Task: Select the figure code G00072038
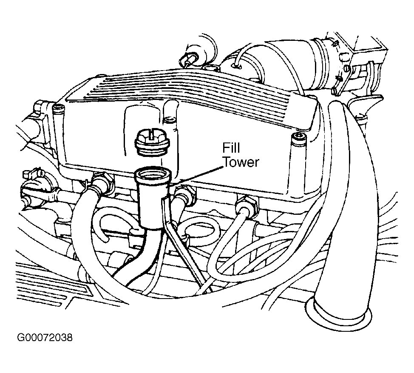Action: click(45, 338)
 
